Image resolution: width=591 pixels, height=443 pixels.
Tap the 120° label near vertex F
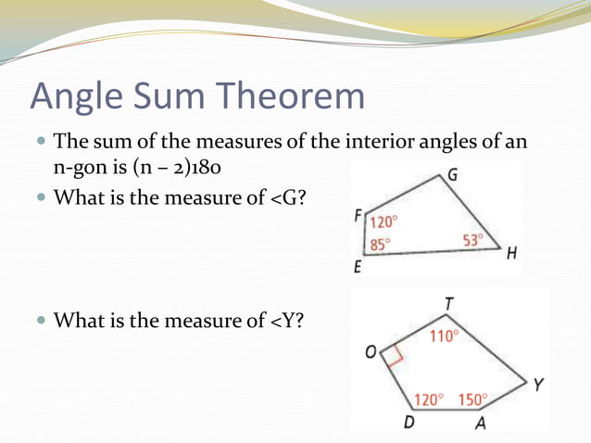click(384, 222)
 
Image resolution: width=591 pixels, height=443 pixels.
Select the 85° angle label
click(380, 245)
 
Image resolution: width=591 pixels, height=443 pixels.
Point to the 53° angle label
click(473, 240)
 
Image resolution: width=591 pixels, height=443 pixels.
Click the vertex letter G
click(451, 175)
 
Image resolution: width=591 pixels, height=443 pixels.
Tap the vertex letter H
click(511, 257)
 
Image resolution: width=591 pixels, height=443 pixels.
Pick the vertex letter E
click(358, 269)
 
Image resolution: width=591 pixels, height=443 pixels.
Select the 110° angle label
click(443, 336)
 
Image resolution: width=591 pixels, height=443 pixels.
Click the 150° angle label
click(472, 399)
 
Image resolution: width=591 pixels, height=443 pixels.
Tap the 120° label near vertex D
click(429, 399)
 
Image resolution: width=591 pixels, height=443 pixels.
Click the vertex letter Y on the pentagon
click(538, 384)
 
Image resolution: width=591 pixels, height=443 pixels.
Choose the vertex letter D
click(409, 424)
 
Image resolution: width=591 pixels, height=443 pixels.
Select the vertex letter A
click(480, 424)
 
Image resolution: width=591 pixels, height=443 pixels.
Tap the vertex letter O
click(371, 353)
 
